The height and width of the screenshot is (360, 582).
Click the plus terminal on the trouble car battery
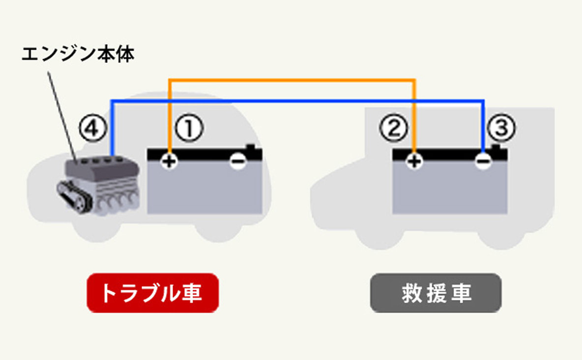(169, 161)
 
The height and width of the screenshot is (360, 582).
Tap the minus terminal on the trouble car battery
(238, 161)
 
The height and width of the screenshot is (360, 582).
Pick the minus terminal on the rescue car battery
(483, 161)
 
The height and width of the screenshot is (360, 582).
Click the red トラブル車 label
(152, 293)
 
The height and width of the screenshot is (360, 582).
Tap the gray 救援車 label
(436, 293)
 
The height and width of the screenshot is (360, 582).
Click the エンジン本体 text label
(78, 54)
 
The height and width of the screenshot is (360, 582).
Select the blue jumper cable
(295, 101)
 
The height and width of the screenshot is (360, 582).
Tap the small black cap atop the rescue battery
(497, 147)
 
